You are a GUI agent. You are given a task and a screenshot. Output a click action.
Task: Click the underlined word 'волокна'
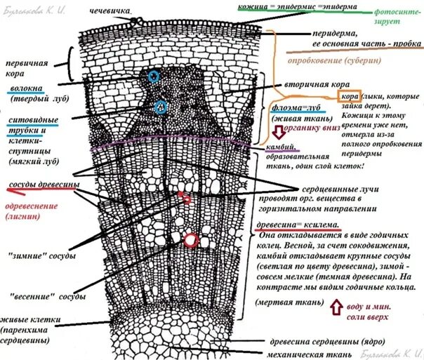click(27, 91)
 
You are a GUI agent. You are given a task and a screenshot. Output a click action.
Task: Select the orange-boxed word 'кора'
click(350, 96)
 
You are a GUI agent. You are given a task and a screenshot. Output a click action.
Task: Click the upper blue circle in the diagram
click(153, 76)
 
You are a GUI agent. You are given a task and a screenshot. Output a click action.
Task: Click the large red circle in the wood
click(190, 241)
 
